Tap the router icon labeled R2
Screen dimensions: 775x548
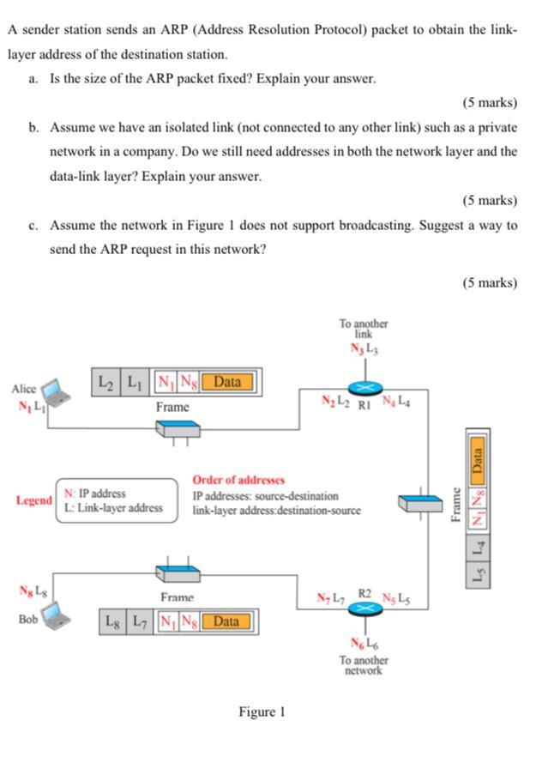(x=364, y=607)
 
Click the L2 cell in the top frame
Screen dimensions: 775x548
(x=105, y=381)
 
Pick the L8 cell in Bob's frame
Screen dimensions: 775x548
(x=113, y=621)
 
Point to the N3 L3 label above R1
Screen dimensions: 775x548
(x=364, y=348)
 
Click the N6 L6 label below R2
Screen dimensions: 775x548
(x=364, y=644)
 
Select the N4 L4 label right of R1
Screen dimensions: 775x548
(x=396, y=400)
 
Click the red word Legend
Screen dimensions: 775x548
(x=33, y=500)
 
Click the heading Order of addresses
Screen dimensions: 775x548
(x=238, y=480)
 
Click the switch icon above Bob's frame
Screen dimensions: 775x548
(x=178, y=569)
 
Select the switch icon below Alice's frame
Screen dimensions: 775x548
(x=178, y=428)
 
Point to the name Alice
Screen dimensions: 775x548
(x=24, y=389)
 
